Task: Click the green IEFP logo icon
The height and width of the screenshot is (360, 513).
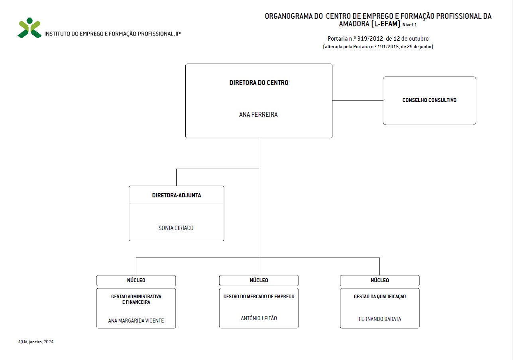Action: (x=29, y=28)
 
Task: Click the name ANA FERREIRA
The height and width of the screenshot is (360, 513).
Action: (x=258, y=114)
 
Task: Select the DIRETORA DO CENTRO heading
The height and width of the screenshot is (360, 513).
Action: (x=259, y=83)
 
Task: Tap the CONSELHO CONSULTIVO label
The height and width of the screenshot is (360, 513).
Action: (x=429, y=100)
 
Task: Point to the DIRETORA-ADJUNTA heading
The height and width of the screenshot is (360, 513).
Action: (x=177, y=195)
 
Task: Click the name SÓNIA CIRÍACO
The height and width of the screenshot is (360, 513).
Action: (x=176, y=228)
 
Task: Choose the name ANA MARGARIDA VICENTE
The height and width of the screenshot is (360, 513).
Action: (x=136, y=321)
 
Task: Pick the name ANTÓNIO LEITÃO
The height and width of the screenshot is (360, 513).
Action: (x=259, y=318)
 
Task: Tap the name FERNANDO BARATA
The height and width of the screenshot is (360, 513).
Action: (x=380, y=319)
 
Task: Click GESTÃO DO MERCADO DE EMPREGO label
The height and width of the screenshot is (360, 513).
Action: (x=259, y=297)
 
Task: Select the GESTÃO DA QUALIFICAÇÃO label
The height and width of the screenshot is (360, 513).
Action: (x=380, y=297)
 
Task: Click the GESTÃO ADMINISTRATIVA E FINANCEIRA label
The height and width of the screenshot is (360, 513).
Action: (x=136, y=299)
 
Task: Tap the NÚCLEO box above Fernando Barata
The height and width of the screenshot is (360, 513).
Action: (x=380, y=281)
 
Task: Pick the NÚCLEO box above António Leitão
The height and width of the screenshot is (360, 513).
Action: (x=259, y=281)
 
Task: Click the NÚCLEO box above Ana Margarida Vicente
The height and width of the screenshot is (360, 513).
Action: (x=136, y=281)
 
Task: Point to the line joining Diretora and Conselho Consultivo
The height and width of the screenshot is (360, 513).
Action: (x=358, y=101)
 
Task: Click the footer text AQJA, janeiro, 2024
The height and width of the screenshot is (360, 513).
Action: (x=36, y=342)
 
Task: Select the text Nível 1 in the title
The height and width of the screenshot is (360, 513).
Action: (x=410, y=25)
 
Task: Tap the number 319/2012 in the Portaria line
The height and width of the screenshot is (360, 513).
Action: (x=370, y=39)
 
